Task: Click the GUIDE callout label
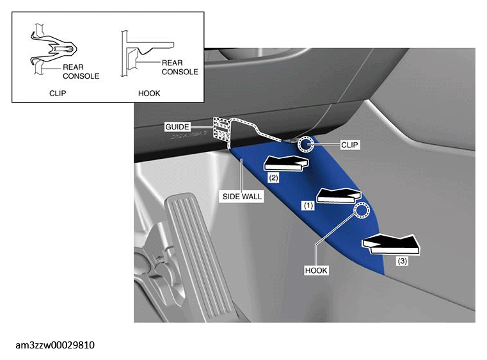(x=177, y=127)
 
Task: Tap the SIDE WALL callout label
(x=242, y=197)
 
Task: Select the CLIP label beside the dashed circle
(x=349, y=145)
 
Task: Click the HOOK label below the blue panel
(x=316, y=270)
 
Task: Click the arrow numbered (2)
(x=286, y=163)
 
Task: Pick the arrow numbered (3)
(x=392, y=244)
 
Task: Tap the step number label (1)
(x=308, y=206)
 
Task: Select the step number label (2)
(x=273, y=178)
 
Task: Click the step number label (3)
(x=403, y=261)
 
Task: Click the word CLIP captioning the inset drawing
(x=58, y=94)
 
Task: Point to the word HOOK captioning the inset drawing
(x=149, y=94)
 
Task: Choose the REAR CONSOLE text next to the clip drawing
(x=81, y=72)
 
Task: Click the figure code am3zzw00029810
(x=55, y=345)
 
